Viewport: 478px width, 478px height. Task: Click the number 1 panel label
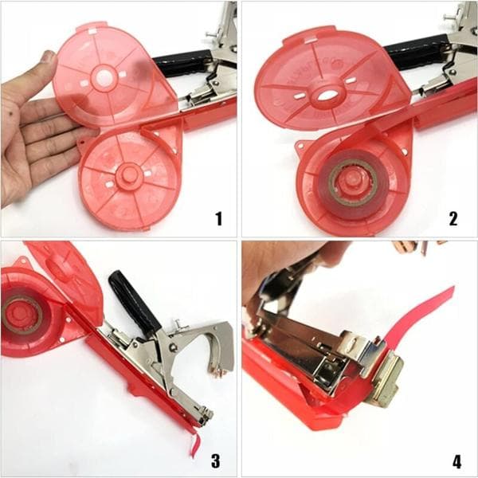coord(218,218)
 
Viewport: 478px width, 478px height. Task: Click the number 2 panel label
coord(453,218)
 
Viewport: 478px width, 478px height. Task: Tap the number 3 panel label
coord(216,460)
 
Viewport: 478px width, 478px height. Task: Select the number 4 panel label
coord(456,461)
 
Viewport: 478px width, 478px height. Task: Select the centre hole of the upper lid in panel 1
coord(104,76)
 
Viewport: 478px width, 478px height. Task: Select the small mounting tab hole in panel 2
coord(300,147)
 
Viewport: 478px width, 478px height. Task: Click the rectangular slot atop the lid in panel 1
coord(92,31)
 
